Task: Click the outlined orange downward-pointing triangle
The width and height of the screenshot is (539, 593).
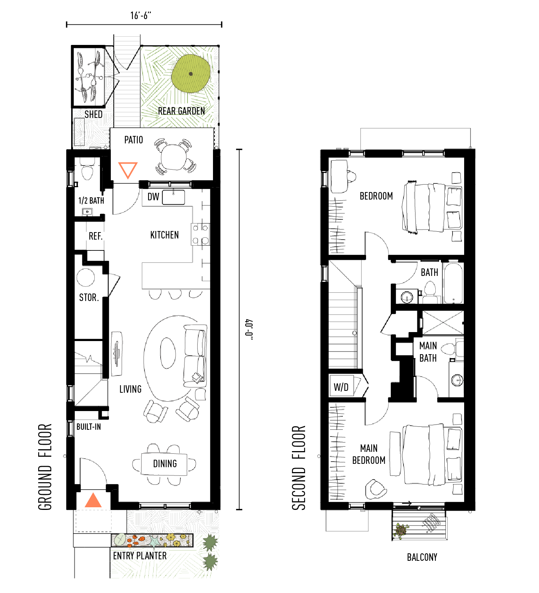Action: tap(128, 169)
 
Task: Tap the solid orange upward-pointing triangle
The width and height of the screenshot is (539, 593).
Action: tap(93, 501)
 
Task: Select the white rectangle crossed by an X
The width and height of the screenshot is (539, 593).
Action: tap(443, 322)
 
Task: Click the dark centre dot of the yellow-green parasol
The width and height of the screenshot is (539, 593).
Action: tap(191, 74)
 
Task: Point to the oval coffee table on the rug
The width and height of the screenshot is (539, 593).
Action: tap(168, 353)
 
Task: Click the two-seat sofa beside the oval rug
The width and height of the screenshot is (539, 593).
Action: tap(195, 356)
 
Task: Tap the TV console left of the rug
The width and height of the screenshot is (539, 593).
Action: tap(116, 353)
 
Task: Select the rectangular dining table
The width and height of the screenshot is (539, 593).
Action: tap(164, 464)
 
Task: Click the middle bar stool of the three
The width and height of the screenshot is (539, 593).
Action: tap(175, 294)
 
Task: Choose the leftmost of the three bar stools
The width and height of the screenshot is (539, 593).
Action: tap(155, 294)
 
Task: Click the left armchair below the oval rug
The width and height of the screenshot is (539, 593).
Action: tap(155, 411)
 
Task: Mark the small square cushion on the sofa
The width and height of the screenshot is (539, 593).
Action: tap(197, 377)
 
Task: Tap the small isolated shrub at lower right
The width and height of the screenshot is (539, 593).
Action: tap(401, 530)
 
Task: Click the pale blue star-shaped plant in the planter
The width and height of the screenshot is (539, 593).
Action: tap(154, 541)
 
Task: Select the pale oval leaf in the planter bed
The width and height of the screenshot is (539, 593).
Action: tap(120, 539)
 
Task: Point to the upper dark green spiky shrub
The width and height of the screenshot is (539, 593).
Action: tap(210, 542)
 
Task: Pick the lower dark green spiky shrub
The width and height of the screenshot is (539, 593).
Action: tap(210, 561)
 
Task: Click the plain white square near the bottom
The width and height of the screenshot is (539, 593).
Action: tap(92, 563)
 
